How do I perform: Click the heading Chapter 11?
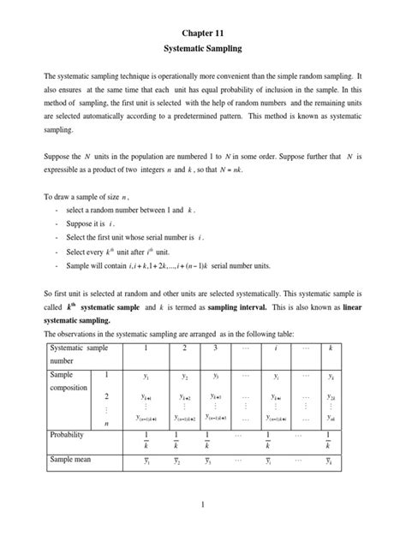(x=202, y=34)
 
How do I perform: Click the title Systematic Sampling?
(x=202, y=52)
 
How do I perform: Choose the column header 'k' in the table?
(x=331, y=349)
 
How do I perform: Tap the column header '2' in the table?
(x=182, y=349)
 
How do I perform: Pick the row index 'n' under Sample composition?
(x=106, y=422)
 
